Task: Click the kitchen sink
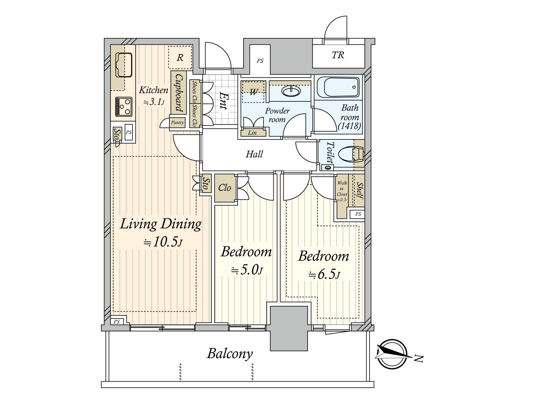coord(124,65)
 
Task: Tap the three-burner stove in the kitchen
coord(124,106)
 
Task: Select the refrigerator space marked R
coord(180,57)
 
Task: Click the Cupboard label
coord(179,93)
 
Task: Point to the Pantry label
coord(177,122)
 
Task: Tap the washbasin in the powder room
coord(291,91)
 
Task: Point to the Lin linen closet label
coord(252,133)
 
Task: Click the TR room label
coord(338,55)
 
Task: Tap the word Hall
coord(254,154)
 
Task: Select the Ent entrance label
coord(224,101)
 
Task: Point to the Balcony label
coord(230,354)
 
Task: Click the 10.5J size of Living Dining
coord(164,242)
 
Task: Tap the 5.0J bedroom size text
coord(247,270)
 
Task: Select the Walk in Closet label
coord(342,191)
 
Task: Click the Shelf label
coord(359,191)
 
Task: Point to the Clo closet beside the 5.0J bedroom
coord(225,188)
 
